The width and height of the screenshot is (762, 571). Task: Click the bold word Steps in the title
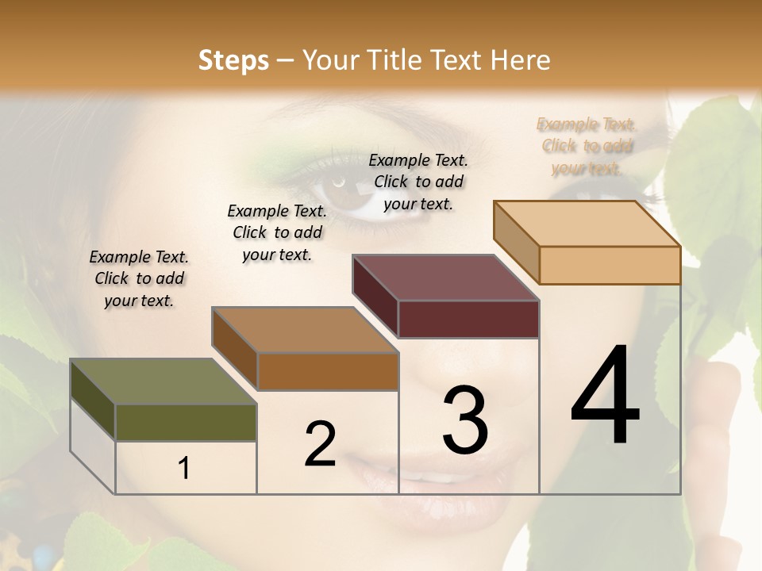233,60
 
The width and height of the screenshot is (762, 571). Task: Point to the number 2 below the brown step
320,444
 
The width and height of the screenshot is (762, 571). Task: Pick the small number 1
184,469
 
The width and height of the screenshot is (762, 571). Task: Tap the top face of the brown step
305,330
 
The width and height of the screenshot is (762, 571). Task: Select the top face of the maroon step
445,278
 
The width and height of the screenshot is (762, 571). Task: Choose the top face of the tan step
587,224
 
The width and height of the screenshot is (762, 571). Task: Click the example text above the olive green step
139,278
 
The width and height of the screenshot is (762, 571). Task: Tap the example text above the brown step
277,232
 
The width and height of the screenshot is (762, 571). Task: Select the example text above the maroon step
418,182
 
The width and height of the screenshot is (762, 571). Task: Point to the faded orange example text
587,146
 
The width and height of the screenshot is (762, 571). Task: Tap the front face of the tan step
610,265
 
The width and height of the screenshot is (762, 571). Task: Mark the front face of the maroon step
468,319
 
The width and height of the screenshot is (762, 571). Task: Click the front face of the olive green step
186,423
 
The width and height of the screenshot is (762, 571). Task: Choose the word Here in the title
521,60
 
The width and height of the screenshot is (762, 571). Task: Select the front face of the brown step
328,371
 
